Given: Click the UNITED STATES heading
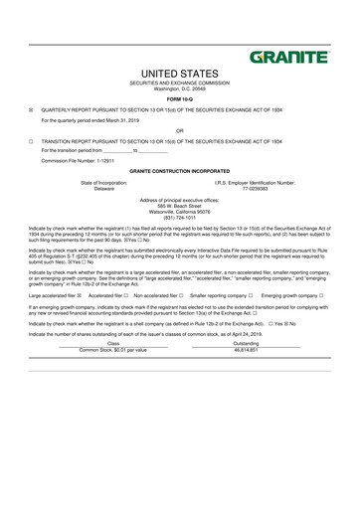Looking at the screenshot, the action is pos(180,75).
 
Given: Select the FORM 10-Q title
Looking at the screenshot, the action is pos(180,100).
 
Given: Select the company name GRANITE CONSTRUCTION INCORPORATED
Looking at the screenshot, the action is pos(180,171).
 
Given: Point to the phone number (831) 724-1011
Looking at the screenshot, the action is pos(180,218).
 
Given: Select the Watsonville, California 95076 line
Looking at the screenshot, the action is pos(180,212).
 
